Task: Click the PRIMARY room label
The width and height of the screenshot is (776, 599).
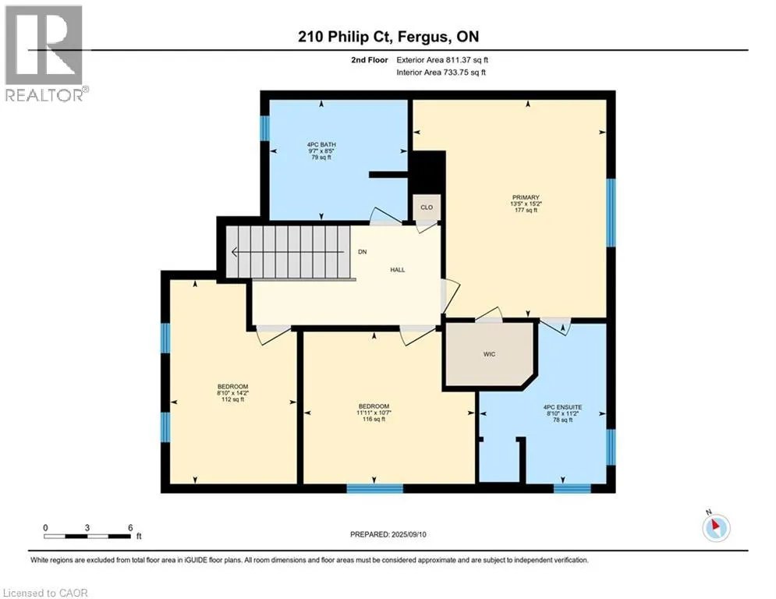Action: tap(526, 197)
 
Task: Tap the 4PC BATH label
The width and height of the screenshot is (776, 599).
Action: tap(321, 144)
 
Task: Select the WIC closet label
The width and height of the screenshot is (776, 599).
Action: tap(490, 354)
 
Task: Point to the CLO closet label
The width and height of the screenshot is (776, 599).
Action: tap(427, 207)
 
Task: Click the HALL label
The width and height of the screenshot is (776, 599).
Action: tap(398, 270)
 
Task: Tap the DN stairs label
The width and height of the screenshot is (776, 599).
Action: tap(363, 251)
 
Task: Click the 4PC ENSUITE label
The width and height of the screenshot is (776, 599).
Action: tap(563, 407)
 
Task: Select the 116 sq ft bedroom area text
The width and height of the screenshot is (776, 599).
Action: tap(374, 419)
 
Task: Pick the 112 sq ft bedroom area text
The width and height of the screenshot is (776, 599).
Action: tap(232, 399)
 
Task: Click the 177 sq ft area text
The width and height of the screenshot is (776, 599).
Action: tap(526, 210)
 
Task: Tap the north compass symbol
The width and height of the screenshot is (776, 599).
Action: tap(716, 527)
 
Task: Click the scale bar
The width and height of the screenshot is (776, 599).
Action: tap(87, 536)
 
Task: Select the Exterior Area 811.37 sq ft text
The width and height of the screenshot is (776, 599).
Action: tap(442, 60)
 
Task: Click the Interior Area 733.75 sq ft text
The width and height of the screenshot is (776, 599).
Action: tap(441, 73)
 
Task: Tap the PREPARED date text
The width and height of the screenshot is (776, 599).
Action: tap(388, 534)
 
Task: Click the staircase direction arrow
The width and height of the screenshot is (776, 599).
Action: tap(288, 252)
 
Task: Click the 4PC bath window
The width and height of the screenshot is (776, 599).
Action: tap(264, 128)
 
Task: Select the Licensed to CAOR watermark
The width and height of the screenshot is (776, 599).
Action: tap(45, 593)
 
